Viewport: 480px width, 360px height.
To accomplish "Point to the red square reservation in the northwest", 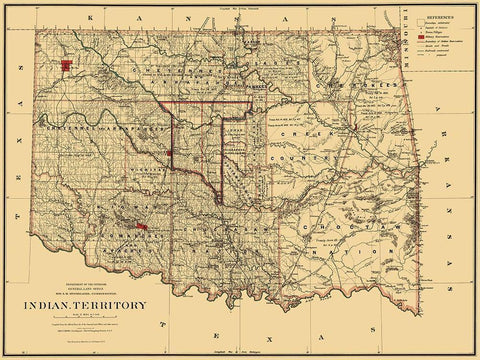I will pyautogui.click(x=68, y=67).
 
